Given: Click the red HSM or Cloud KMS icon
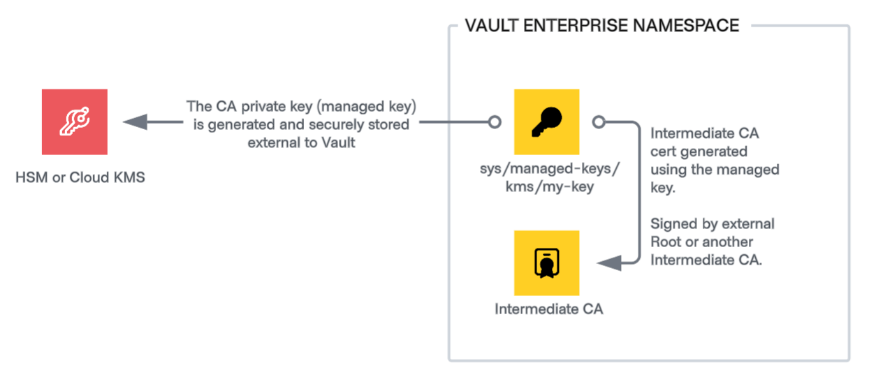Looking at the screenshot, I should [x=74, y=122].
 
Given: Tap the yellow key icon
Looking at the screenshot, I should [x=546, y=122].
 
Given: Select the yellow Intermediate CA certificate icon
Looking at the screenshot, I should [x=546, y=263].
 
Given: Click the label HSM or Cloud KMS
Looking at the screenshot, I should [x=80, y=177].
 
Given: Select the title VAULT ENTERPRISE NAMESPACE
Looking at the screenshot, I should [x=601, y=26].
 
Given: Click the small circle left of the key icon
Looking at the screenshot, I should [x=495, y=122].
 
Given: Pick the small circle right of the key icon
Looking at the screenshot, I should [x=598, y=122].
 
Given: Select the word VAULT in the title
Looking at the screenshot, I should [x=488, y=26].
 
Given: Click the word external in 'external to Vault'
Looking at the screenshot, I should [x=271, y=143].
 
